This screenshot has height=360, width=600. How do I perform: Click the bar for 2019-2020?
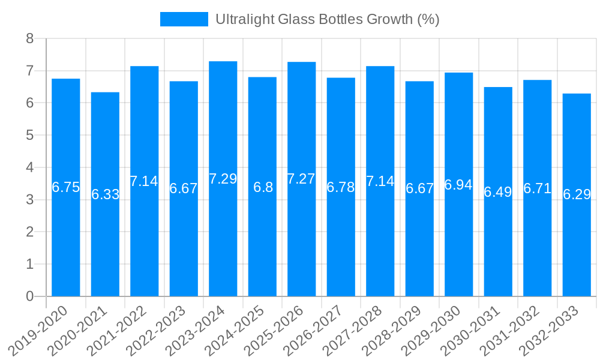point(66,240)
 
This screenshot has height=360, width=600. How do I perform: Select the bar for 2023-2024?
point(223,240)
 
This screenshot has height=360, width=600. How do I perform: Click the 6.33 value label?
point(105,194)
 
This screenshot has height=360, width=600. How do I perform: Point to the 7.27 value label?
point(301,179)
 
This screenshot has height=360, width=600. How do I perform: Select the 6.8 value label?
point(263,187)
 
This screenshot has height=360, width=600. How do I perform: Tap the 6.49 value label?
point(498,192)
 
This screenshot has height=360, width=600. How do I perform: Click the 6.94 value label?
point(458,185)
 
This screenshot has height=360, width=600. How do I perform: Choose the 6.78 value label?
point(341,187)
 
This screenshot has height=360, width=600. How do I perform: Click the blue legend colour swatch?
point(184,19)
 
